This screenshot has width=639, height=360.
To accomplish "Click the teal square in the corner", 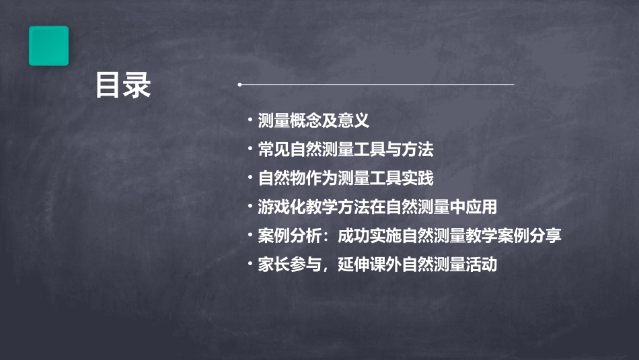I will (48, 46).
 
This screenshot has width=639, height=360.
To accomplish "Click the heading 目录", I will (122, 86).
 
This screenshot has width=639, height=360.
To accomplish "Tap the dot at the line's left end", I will (239, 85).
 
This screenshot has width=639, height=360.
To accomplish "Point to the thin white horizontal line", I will (377, 85).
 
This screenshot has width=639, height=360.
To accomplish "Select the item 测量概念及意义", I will (313, 121).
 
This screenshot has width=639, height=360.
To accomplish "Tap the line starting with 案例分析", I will (409, 236).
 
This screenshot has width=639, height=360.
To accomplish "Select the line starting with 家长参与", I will (377, 264).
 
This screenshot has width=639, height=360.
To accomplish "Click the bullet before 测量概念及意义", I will (250, 121).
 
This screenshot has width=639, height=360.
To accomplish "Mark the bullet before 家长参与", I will (250, 264).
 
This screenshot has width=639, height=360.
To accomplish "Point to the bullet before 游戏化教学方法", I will (250, 207).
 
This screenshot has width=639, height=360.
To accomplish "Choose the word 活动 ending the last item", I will (482, 264).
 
